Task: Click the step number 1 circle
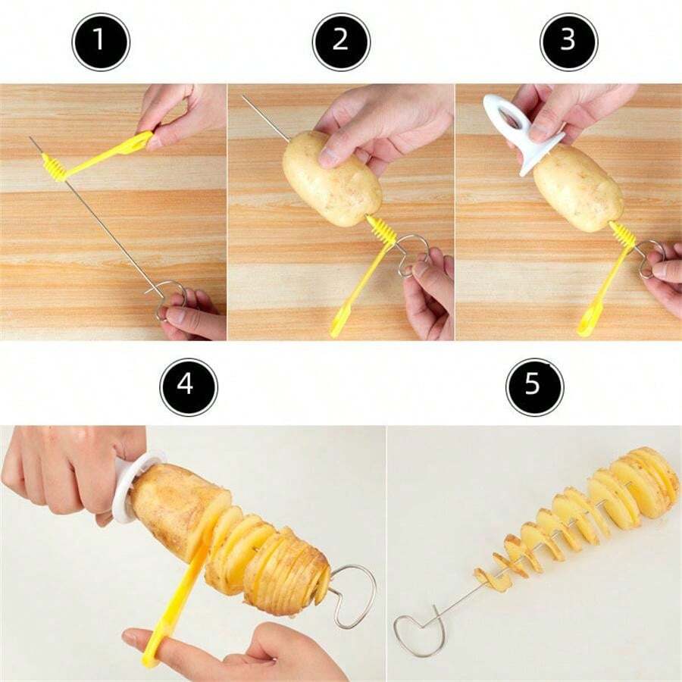[101, 42]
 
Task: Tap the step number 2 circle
[341, 42]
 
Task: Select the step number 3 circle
[568, 42]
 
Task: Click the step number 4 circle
[188, 386]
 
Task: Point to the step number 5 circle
[534, 386]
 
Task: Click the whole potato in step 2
[332, 178]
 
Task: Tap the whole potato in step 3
[577, 187]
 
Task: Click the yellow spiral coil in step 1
[54, 165]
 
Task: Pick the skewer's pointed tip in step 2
[244, 97]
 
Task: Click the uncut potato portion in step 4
[170, 508]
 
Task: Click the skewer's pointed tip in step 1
[32, 139]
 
